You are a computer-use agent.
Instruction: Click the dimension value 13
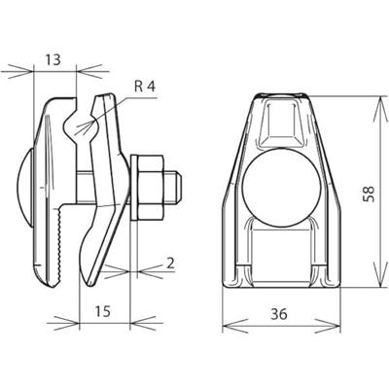tap(53, 59)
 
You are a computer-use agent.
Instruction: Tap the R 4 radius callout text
tap(145, 87)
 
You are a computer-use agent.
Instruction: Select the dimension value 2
tap(170, 264)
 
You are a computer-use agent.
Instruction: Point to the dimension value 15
tap(103, 311)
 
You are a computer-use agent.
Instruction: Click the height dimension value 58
tap(369, 194)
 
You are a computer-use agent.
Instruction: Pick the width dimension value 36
tap(279, 314)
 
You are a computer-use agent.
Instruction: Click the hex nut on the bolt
tap(151, 187)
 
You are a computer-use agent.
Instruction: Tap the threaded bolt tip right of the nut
tap(172, 188)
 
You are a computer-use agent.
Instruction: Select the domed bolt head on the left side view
tap(26, 187)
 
